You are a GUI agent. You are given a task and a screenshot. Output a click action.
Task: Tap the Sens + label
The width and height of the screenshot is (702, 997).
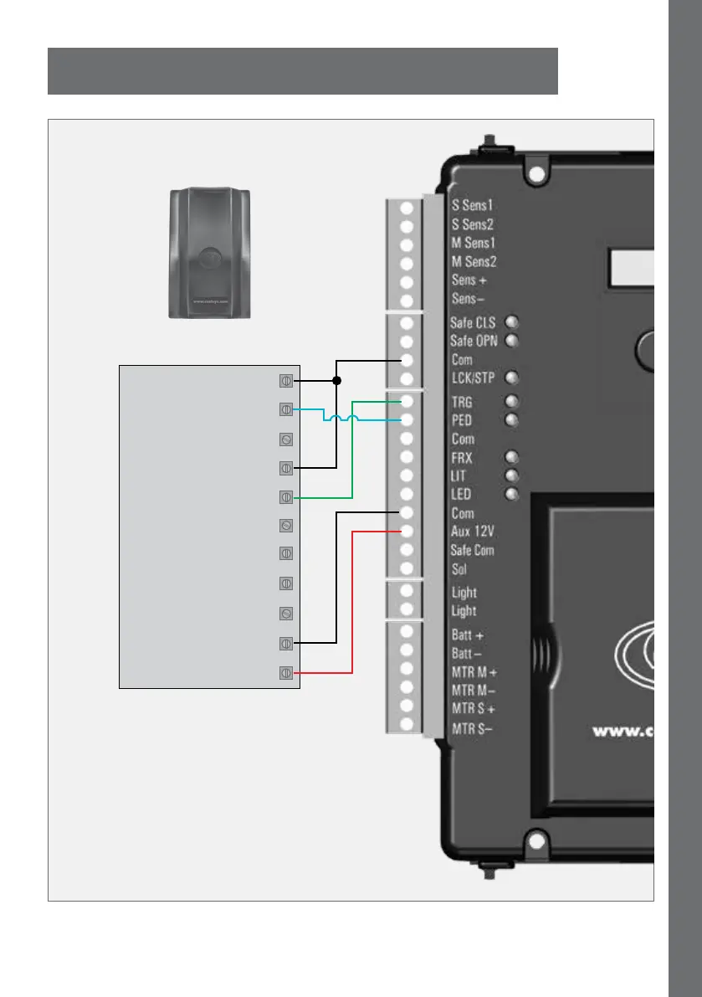469,280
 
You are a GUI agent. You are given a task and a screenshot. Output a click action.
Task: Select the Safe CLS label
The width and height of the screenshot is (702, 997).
473,322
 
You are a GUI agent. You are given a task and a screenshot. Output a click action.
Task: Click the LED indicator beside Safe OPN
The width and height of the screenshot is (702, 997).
512,341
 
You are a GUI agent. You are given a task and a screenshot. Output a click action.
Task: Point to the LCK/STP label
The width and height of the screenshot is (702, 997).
473,378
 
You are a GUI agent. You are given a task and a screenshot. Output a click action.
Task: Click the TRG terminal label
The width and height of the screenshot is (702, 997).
462,403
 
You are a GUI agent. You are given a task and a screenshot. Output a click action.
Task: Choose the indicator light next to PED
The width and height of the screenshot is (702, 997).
512,420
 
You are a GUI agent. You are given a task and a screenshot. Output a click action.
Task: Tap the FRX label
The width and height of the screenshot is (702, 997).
462,458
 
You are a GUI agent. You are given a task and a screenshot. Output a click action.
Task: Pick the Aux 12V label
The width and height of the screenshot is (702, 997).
474,532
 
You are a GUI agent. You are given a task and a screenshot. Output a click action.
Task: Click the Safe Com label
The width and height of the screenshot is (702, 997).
473,550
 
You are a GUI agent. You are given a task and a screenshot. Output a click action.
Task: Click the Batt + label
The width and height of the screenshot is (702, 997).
467,635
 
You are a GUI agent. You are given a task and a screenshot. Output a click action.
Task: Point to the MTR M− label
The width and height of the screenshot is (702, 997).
474,691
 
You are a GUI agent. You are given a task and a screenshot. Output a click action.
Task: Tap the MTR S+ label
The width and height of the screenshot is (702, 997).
473,709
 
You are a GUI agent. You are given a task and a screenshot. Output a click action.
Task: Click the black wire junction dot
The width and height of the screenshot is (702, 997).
336,380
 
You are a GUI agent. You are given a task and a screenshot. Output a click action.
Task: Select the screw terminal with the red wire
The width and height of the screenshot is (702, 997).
285,672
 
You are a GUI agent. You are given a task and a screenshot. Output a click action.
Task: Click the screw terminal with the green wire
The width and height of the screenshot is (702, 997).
285,497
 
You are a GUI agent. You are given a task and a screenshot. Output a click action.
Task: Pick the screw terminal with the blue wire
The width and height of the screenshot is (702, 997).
285,409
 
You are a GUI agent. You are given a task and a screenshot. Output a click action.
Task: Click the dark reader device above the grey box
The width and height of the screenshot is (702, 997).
211,253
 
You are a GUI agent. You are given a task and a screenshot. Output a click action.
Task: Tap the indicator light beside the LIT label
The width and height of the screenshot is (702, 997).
512,475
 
